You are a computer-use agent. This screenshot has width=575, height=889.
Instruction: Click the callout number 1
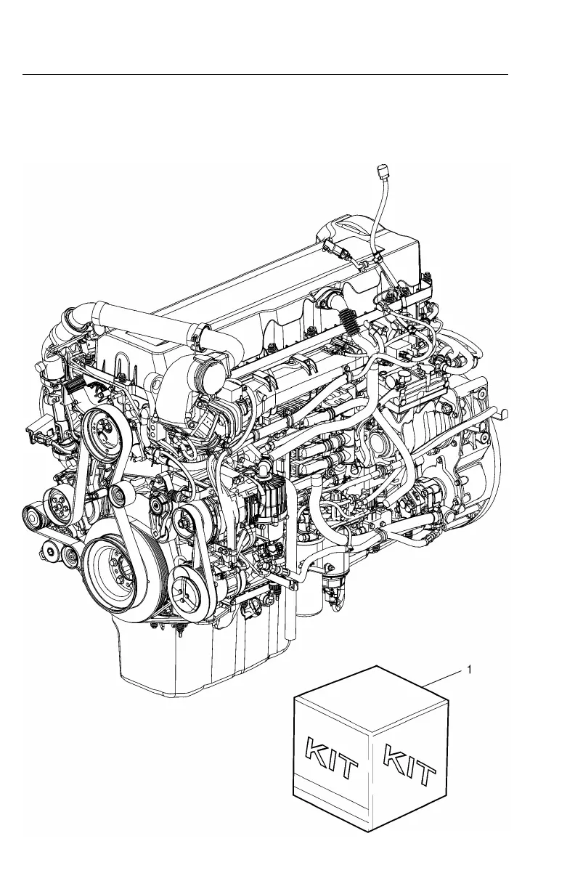(x=469, y=670)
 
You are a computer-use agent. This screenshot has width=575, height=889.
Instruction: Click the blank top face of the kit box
(x=371, y=699)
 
